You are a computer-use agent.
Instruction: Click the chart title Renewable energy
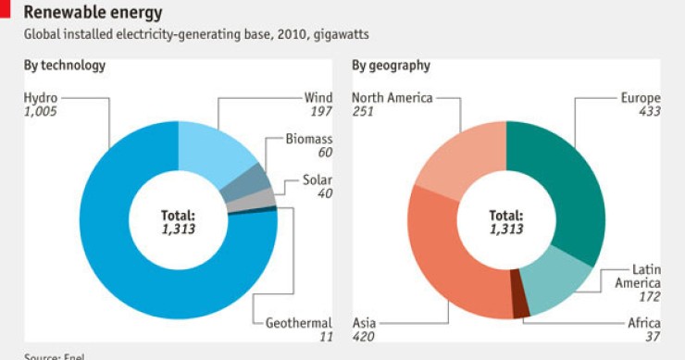[x=93, y=13]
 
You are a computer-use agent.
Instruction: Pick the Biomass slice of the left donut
[x=248, y=182]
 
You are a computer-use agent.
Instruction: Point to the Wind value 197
[x=320, y=111]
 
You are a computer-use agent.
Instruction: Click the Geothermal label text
[x=298, y=323]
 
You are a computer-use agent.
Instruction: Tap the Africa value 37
[x=653, y=337]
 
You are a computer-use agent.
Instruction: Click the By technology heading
[x=65, y=66]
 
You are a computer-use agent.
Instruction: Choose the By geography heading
[x=391, y=66]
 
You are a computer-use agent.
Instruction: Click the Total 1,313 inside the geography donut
[x=505, y=221]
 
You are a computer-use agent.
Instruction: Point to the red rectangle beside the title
[x=6, y=9]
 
